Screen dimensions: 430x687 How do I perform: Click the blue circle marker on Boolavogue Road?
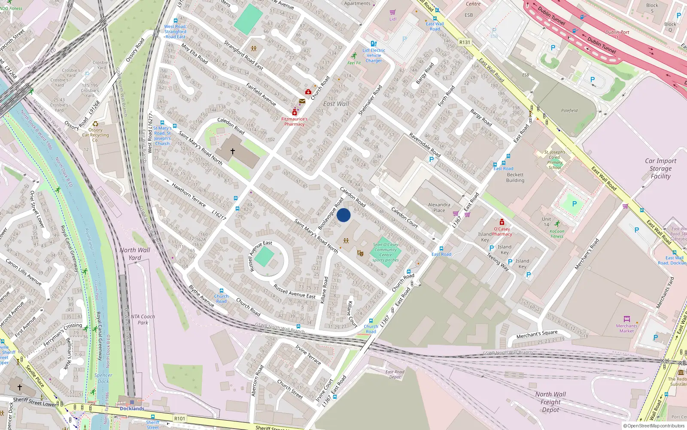(343, 215)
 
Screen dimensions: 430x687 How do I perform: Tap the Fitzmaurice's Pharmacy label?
(294, 122)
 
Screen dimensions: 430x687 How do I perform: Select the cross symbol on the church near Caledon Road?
(233, 151)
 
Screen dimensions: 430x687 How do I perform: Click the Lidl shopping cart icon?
(392, 12)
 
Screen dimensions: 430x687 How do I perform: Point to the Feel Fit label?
(354, 63)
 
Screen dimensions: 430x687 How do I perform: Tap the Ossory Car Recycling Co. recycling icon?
(95, 124)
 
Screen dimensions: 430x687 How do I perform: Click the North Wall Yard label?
(135, 254)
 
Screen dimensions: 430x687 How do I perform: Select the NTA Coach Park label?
(143, 319)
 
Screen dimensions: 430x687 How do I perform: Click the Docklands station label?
(132, 408)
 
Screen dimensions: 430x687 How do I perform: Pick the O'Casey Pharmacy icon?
(502, 222)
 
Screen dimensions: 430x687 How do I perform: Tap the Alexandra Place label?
(439, 208)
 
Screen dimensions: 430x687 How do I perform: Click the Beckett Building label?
(515, 178)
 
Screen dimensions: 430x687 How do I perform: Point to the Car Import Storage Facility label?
(660, 168)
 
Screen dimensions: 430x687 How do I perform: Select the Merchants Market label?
(626, 328)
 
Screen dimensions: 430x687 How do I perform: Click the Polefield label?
(569, 111)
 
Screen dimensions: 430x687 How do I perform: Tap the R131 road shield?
(465, 42)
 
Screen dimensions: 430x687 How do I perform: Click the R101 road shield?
(179, 418)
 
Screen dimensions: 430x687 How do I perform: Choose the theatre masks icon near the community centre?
(360, 253)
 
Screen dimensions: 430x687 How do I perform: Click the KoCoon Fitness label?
(557, 233)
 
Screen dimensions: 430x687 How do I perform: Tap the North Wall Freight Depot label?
(550, 402)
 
